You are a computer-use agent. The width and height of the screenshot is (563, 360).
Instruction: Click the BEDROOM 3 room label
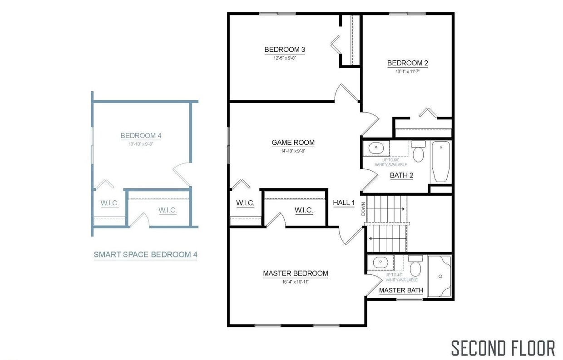(281, 49)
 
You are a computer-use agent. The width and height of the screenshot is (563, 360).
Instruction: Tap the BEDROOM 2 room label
(407, 63)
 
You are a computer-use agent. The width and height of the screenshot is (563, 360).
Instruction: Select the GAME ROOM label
(293, 143)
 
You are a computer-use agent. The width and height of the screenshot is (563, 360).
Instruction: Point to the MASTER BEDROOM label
(295, 273)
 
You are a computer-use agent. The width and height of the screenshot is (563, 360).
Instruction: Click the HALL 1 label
(344, 202)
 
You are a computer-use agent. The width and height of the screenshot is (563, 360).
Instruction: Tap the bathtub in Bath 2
(440, 161)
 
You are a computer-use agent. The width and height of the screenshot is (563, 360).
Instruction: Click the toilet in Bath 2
(418, 153)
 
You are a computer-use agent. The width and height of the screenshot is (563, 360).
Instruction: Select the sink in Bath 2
(376, 148)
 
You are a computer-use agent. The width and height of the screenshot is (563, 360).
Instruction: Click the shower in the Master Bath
(440, 276)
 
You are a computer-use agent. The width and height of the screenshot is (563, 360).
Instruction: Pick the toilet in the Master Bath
(415, 266)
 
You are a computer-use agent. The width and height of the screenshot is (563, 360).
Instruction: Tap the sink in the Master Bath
(379, 262)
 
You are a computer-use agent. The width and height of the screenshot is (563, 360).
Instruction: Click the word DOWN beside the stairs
(363, 209)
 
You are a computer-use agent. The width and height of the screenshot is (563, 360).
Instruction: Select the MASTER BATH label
(401, 290)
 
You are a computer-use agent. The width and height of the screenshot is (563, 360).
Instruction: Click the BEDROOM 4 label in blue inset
(141, 135)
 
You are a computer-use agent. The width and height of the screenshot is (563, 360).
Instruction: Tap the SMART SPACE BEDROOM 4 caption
(145, 254)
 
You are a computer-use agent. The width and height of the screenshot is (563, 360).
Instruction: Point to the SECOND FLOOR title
(503, 348)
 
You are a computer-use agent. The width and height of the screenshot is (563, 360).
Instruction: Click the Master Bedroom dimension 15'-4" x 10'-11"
(295, 281)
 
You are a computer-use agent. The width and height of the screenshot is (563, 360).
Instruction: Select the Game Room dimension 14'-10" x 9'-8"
(293, 151)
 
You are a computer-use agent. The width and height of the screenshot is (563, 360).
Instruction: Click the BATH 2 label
(401, 175)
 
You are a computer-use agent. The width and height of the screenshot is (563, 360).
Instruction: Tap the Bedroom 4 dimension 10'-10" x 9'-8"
(141, 143)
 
